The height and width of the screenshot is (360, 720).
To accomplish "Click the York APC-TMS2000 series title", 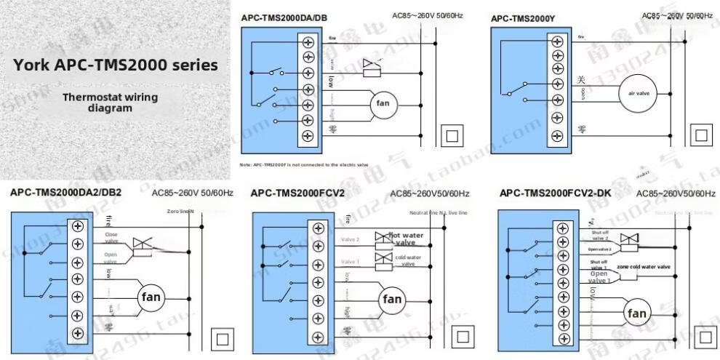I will (x=116, y=65).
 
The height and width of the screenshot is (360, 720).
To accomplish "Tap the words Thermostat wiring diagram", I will (x=110, y=103).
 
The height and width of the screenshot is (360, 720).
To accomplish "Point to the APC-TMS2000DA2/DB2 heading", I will (x=65, y=193).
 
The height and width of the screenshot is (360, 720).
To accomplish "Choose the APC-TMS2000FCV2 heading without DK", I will (x=297, y=193).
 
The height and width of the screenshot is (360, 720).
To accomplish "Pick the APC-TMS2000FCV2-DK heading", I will (x=555, y=193).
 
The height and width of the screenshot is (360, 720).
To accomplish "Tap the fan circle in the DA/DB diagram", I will (x=382, y=105).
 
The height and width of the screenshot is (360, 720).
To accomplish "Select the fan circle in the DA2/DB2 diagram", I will (x=151, y=297).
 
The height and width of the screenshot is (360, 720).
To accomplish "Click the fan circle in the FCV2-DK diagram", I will (x=636, y=313).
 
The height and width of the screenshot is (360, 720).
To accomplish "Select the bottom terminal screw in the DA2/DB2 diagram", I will (x=77, y=333).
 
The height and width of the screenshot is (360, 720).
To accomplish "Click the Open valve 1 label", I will (x=600, y=277).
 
